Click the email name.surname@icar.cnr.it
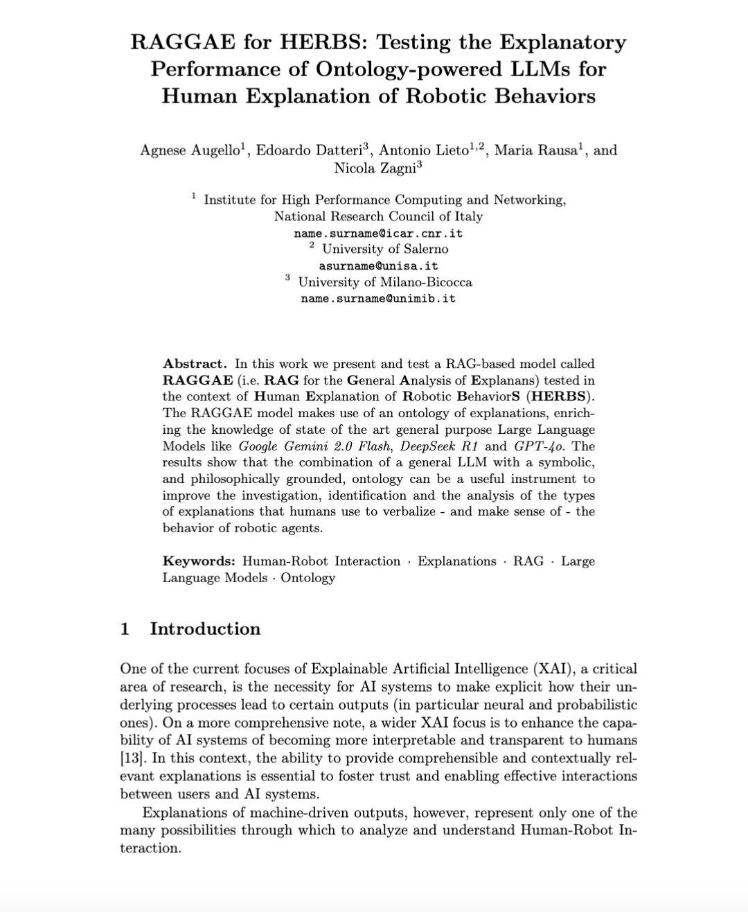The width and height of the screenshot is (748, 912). click(x=378, y=233)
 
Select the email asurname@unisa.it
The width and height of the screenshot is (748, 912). click(x=378, y=266)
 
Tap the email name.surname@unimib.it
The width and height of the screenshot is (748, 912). click(x=378, y=299)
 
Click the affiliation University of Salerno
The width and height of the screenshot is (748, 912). click(x=385, y=249)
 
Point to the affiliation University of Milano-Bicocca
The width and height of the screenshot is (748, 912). click(x=385, y=282)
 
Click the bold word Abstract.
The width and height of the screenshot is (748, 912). click(x=195, y=364)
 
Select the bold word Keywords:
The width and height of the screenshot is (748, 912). click(x=199, y=561)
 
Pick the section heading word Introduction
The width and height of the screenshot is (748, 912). click(x=205, y=629)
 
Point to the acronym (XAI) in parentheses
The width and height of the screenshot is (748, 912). click(x=552, y=669)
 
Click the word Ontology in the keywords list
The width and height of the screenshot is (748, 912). click(x=308, y=578)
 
